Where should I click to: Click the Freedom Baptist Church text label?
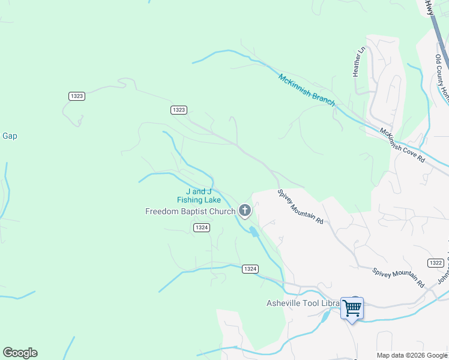click(x=190, y=211)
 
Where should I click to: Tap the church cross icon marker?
click(x=244, y=210)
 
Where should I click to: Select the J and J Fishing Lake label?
click(x=199, y=196)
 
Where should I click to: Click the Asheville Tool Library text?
click(x=303, y=303)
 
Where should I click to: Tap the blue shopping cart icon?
click(x=352, y=308)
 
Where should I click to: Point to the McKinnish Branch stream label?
click(x=306, y=90)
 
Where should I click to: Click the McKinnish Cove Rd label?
click(x=402, y=145)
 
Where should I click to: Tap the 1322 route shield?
click(x=435, y=263)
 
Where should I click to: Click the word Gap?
click(x=10, y=136)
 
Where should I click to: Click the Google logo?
click(x=20, y=353)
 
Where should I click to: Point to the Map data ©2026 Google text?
click(x=411, y=355)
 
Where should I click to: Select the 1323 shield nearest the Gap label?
click(x=77, y=96)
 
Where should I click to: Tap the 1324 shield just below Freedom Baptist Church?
click(x=202, y=227)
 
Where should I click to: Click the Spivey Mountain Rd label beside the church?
click(x=300, y=207)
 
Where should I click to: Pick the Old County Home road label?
click(x=442, y=78)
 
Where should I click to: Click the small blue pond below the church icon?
click(x=254, y=232)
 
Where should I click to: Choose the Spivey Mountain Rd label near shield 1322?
click(x=398, y=277)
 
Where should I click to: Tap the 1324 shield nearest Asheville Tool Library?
click(x=250, y=269)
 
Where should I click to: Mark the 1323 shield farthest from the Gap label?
click(x=178, y=110)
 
